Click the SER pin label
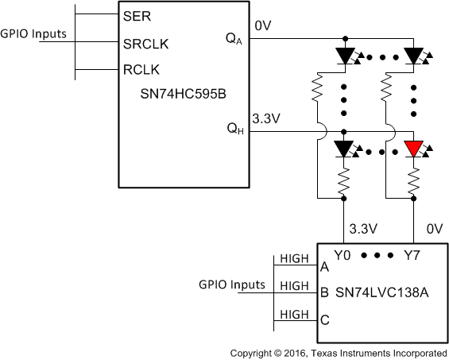[x=134, y=15]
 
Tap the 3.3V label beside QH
[x=265, y=119]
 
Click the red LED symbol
[x=412, y=149]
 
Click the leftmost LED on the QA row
[x=344, y=56]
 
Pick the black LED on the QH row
[x=344, y=149]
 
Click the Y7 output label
[x=412, y=256]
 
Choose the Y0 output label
[x=342, y=256]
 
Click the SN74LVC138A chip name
[x=381, y=292]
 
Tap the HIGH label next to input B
[x=295, y=285]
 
